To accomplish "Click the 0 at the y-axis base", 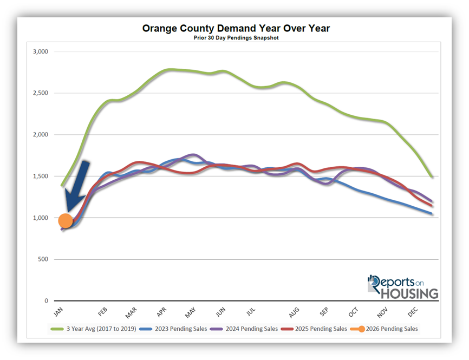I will point(47,301).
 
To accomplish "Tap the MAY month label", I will point(190,313).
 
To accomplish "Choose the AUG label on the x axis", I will point(294,313).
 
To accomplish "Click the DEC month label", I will point(412,313).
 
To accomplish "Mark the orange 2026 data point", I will point(65,221).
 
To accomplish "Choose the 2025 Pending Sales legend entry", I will point(321,329).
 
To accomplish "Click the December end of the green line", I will point(432,176).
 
